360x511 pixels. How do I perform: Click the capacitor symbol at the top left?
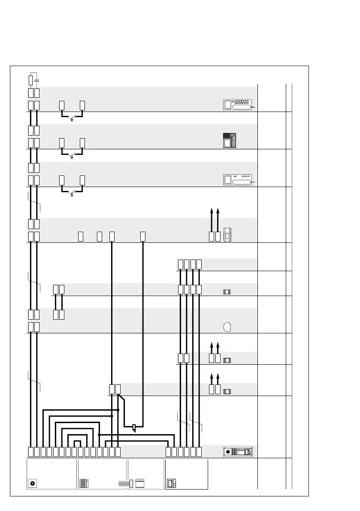(36, 80)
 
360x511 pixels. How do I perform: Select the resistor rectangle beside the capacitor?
(30, 80)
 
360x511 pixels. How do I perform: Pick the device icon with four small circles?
(239, 180)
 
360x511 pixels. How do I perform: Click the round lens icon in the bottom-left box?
(32, 483)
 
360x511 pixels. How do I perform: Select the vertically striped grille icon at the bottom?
(84, 483)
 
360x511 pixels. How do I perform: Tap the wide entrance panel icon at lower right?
(238, 452)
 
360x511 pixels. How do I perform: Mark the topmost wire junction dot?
(118, 410)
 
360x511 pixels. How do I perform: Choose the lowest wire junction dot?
(99, 435)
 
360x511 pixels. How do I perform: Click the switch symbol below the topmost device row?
(72, 118)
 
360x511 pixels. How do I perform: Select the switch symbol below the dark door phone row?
(72, 155)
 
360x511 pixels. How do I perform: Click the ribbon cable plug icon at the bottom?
(126, 483)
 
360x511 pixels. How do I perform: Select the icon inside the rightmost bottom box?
(171, 483)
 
